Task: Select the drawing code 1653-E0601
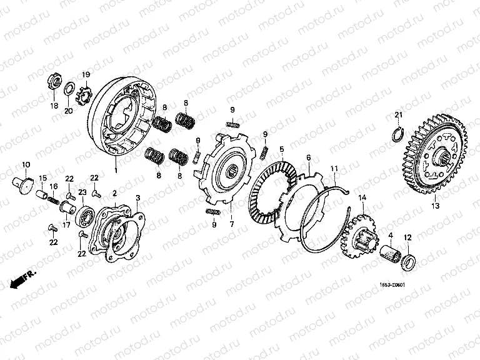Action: point(392,286)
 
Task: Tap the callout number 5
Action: point(282,149)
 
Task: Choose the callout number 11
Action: point(334,167)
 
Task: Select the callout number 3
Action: point(138,197)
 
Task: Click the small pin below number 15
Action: point(42,196)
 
